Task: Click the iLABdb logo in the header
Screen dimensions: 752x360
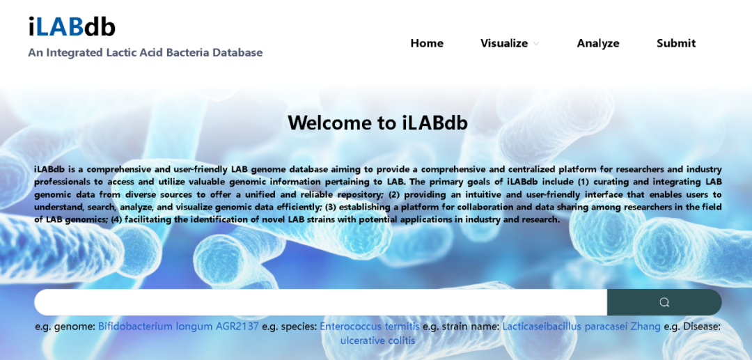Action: (x=72, y=27)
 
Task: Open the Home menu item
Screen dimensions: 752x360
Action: (x=427, y=43)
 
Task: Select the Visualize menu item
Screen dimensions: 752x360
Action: (x=504, y=43)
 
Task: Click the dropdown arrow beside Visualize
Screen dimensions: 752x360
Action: (x=536, y=44)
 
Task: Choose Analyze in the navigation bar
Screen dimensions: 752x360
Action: (x=598, y=43)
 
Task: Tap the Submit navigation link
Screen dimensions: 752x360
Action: (x=676, y=43)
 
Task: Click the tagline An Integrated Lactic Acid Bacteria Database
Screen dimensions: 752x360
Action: (x=146, y=52)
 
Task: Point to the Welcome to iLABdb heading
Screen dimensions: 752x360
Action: (x=378, y=123)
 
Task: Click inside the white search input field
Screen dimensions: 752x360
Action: (x=320, y=302)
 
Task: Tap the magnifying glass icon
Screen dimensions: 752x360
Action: (x=664, y=302)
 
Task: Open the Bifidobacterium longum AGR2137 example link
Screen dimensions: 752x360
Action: (x=178, y=327)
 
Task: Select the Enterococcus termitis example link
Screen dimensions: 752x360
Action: (x=370, y=327)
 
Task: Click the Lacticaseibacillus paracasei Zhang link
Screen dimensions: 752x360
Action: (x=581, y=327)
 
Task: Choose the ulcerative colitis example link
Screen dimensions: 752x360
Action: (x=378, y=341)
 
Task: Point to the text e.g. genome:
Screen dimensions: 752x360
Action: (x=65, y=327)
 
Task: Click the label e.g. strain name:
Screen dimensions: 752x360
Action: (x=461, y=327)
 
